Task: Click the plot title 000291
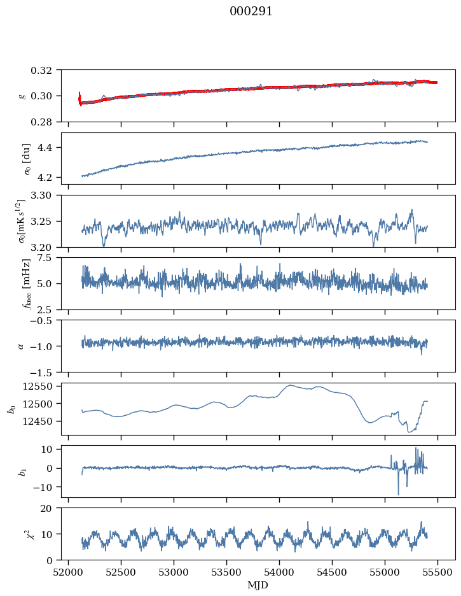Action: (x=251, y=11)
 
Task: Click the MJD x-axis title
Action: (x=258, y=585)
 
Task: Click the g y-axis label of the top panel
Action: (x=22, y=96)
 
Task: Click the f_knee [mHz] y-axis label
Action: (x=27, y=283)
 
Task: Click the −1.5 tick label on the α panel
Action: (x=43, y=372)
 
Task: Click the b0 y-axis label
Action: (x=13, y=409)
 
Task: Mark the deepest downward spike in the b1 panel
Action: (x=399, y=493)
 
